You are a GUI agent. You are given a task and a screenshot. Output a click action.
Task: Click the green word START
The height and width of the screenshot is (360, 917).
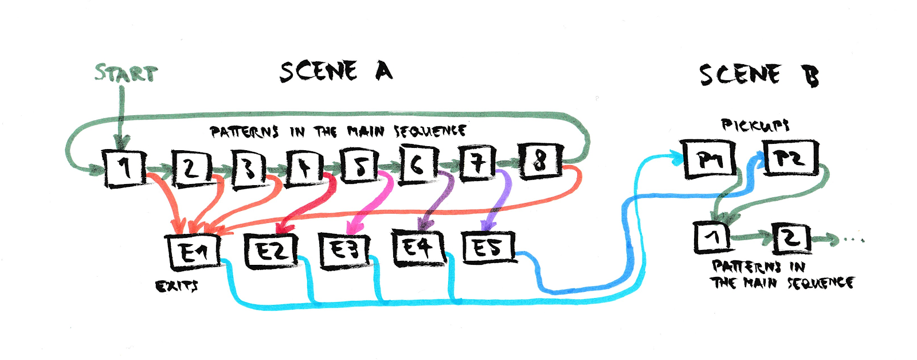tap(126, 74)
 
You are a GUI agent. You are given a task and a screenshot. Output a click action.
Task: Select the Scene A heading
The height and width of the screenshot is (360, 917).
tap(336, 72)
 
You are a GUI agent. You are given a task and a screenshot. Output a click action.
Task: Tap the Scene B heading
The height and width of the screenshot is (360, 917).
tap(758, 75)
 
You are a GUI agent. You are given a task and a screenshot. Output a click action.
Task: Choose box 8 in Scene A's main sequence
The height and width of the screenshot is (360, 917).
tap(540, 161)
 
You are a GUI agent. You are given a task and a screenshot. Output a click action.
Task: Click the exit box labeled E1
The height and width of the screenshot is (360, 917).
tap(194, 252)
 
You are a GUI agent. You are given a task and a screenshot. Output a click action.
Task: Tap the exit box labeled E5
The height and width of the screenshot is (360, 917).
tap(488, 247)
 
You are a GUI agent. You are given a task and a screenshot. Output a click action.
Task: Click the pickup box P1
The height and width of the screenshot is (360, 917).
tap(710, 159)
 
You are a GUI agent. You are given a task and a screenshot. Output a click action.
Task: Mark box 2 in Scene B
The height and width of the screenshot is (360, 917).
tap(791, 238)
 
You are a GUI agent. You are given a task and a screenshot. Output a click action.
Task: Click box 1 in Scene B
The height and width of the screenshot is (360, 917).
tap(711, 237)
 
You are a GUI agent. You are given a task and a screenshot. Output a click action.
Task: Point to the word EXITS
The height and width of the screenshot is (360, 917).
tap(176, 285)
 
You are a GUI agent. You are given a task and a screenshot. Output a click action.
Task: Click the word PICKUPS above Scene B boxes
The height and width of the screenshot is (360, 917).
tap(754, 125)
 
